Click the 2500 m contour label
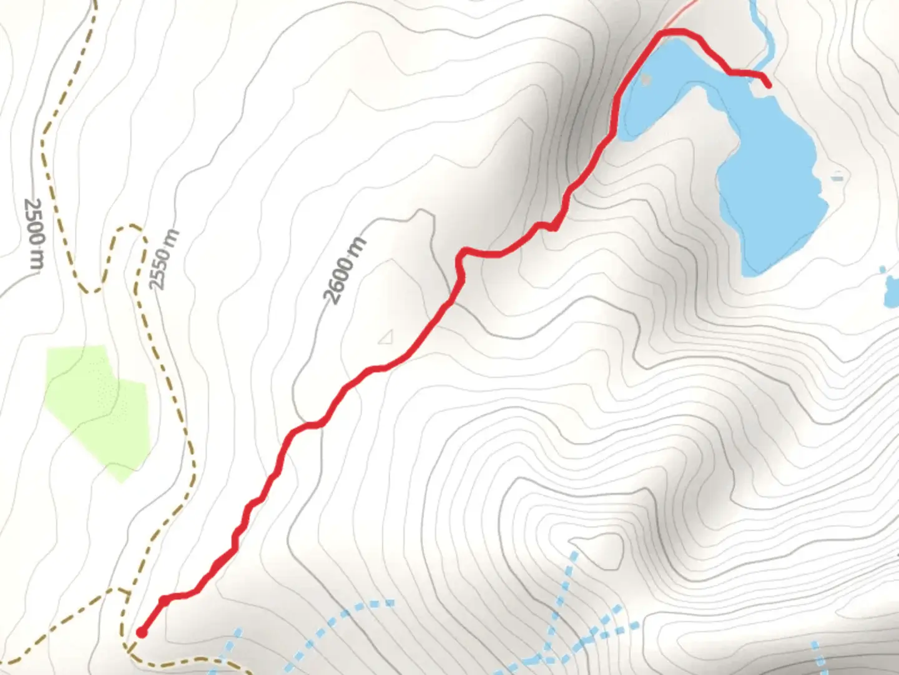point(34,234)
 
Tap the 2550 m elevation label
point(164,259)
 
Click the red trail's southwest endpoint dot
point(142,632)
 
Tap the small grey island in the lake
point(646,80)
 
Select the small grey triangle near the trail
point(386,337)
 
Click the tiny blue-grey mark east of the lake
point(837,177)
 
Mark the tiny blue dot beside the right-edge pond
point(882,270)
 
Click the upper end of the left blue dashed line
point(390,603)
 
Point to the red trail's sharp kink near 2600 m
point(463,252)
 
